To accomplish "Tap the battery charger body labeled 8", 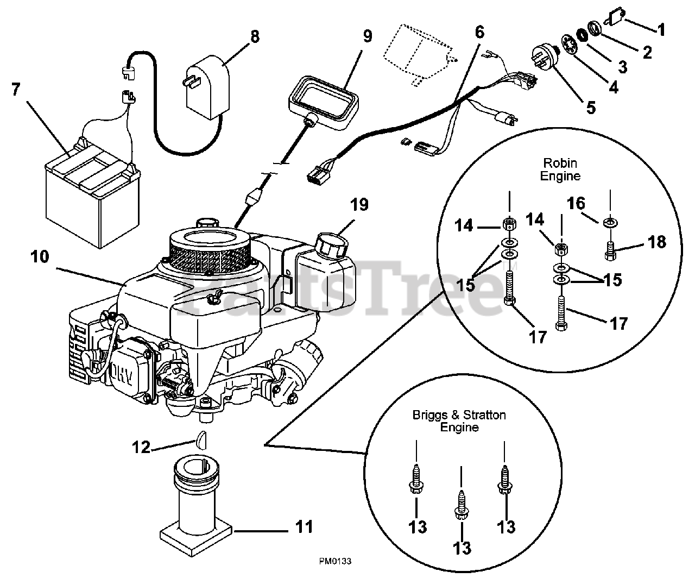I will (x=207, y=90).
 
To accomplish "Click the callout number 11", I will (x=305, y=527).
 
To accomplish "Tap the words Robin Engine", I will (x=561, y=169).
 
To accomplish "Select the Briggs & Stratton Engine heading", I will (x=459, y=421).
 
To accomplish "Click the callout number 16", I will (x=576, y=204).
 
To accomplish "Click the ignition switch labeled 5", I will (x=543, y=54).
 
